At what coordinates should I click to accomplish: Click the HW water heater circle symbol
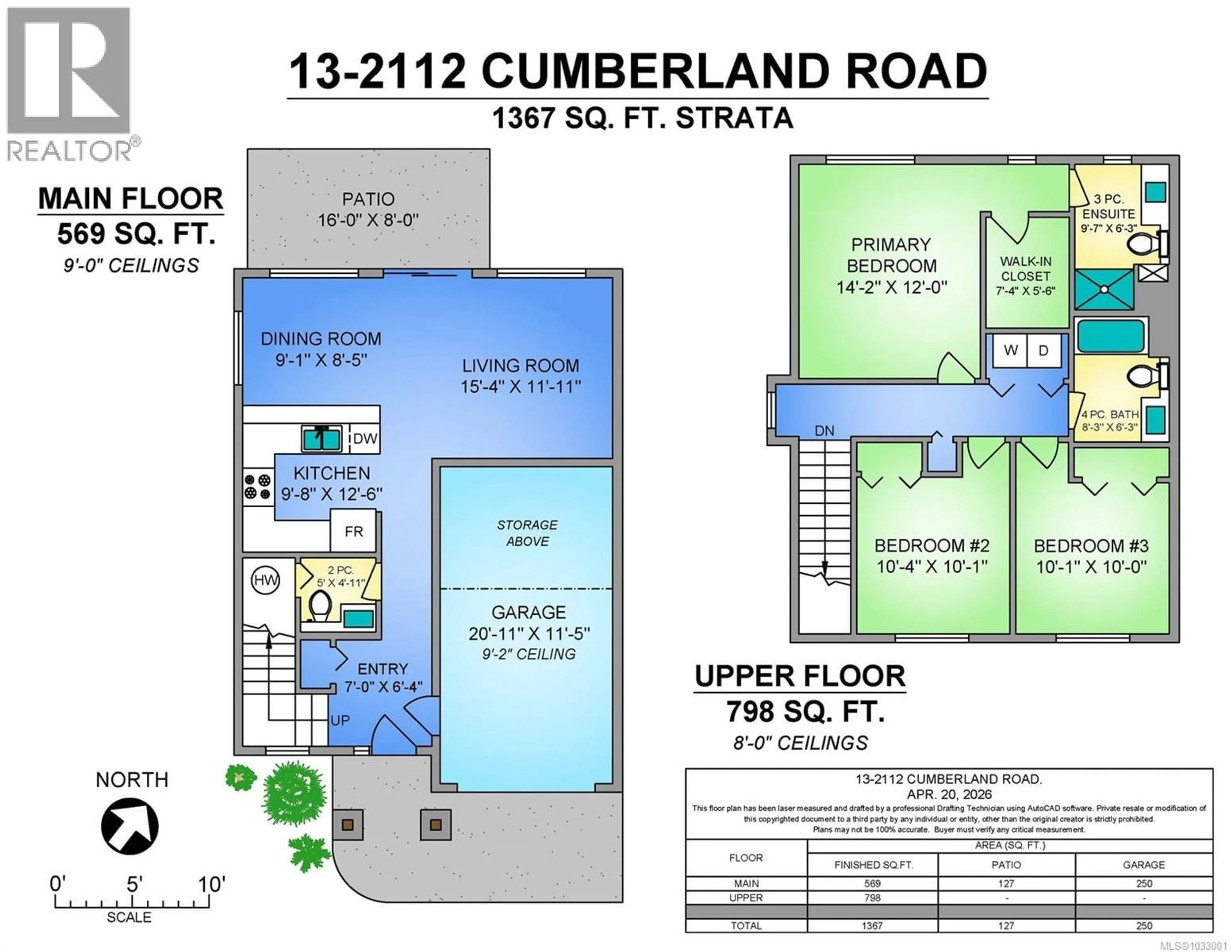point(265,580)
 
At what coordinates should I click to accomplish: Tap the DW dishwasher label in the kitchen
point(365,439)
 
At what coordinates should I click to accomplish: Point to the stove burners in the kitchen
point(257,486)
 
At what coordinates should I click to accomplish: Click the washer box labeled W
point(1010,350)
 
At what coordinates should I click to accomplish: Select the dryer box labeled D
point(1043,350)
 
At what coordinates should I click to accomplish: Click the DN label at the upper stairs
point(824,431)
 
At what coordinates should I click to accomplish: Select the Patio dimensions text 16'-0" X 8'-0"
point(368,219)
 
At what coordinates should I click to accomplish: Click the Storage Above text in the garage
point(527,533)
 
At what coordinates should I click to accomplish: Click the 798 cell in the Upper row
point(872,897)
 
